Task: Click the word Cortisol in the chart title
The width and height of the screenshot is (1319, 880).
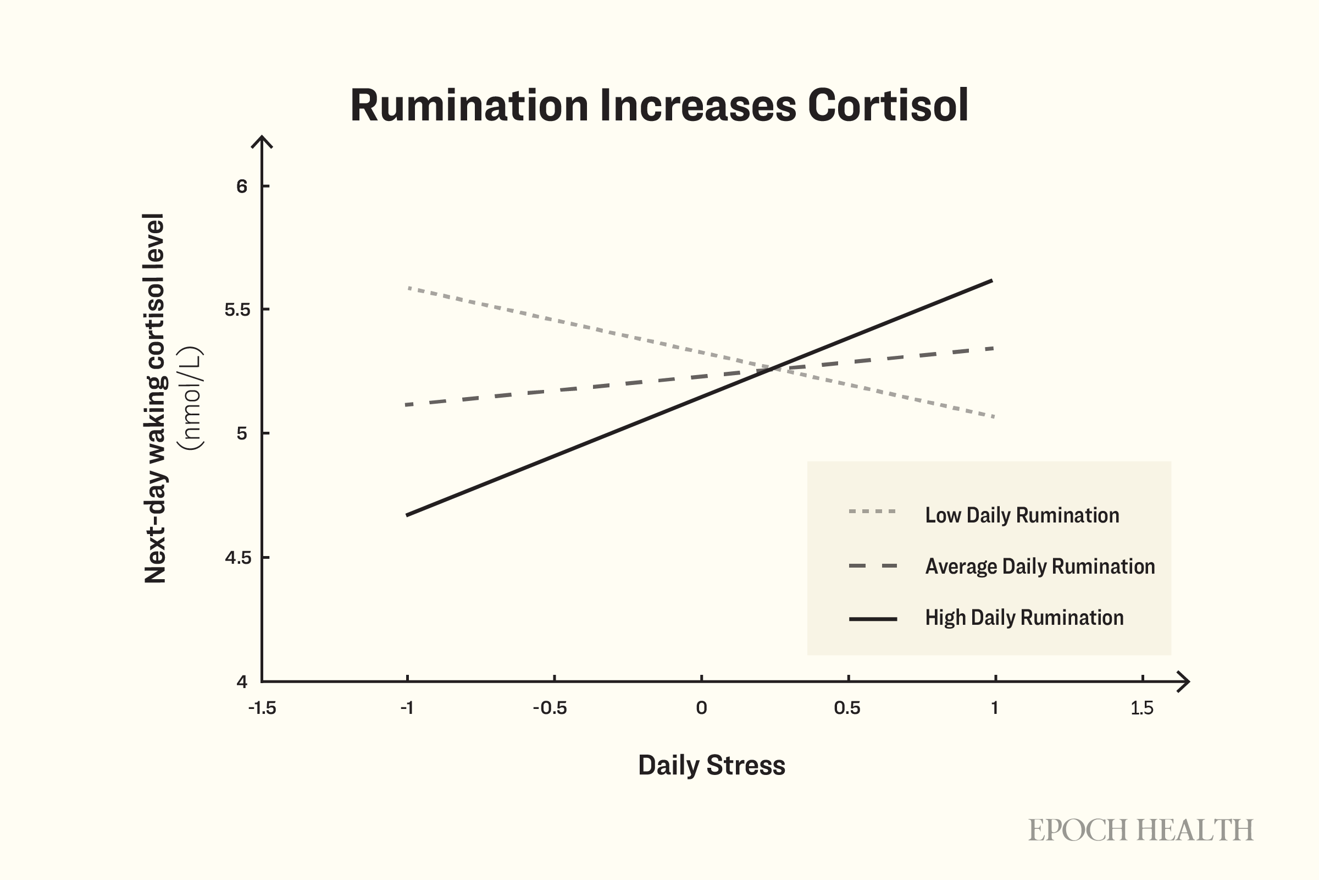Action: coord(888,105)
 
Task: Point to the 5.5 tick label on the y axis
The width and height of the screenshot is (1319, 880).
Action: coord(237,309)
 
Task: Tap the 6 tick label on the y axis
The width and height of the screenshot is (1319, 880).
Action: coord(242,186)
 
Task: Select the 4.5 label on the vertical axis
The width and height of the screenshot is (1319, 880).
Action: coord(237,557)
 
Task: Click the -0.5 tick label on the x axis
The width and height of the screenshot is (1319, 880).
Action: coord(550,708)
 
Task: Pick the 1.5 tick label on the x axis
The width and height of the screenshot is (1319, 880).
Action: coord(1142,708)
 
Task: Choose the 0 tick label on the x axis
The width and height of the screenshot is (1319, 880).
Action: coord(701,708)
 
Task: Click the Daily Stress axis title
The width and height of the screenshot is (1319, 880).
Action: coord(712,766)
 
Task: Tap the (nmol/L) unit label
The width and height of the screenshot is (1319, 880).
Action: coord(190,398)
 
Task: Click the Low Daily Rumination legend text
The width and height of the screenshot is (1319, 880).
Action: coord(1022,515)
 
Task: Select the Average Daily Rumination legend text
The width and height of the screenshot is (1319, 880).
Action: coord(1040,566)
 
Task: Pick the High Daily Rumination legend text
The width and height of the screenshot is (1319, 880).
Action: coord(1024,617)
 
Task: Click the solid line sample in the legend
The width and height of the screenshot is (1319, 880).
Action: coord(873,619)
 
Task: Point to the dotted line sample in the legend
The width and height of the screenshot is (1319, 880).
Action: coord(873,512)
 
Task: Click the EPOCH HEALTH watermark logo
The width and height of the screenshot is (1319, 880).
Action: coord(1141,831)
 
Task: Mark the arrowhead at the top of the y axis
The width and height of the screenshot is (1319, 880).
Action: coord(262,137)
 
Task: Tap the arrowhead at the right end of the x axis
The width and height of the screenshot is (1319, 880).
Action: coord(1188,682)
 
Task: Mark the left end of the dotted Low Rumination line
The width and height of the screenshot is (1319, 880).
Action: coord(409,288)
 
